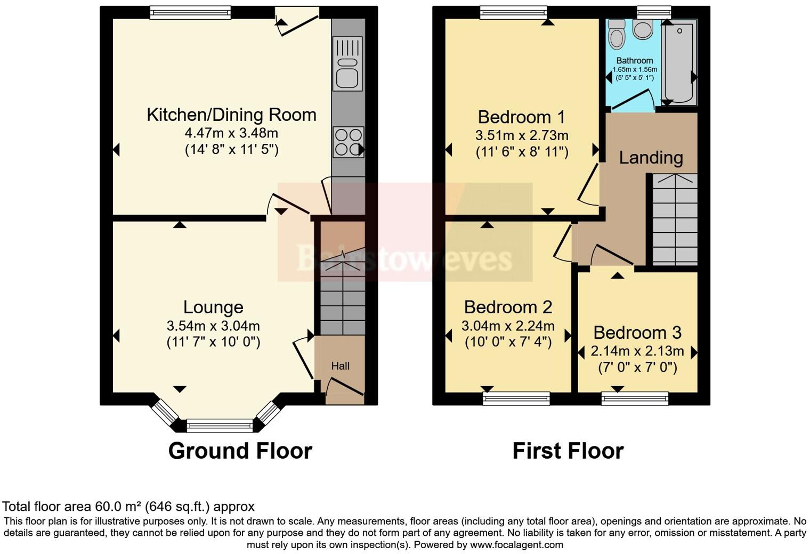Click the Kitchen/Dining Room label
231,115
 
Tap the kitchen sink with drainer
347,63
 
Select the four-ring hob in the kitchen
348,142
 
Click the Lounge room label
213,307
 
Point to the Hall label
341,366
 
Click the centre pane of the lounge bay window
220,425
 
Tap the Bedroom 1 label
514,117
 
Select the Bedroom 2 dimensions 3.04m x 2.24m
508,325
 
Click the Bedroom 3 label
637,332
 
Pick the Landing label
651,157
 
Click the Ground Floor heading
240,451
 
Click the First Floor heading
568,451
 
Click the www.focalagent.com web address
516,544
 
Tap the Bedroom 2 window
516,398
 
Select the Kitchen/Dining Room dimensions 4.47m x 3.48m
231,133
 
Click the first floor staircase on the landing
675,219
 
